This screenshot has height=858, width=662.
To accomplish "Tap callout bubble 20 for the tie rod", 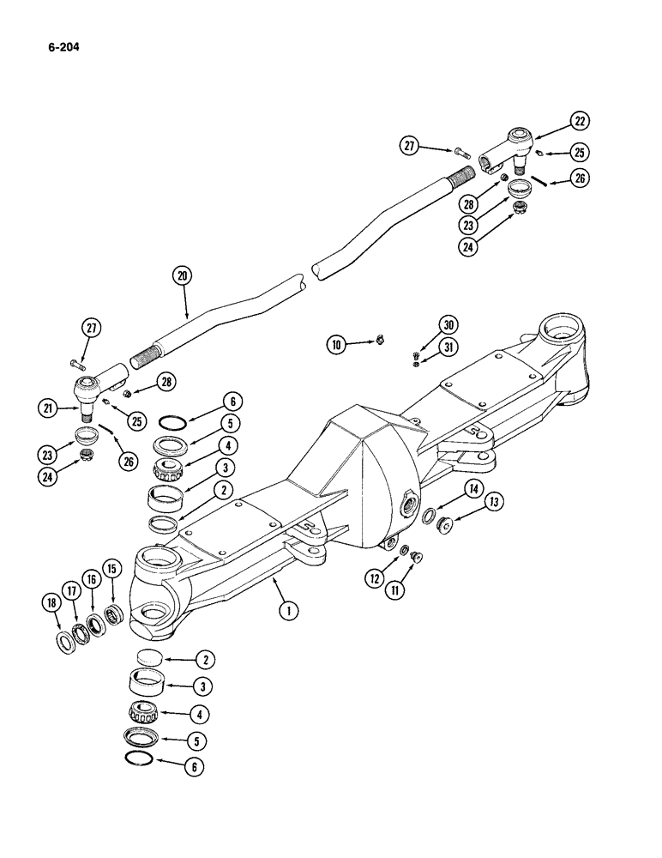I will coord(183,276).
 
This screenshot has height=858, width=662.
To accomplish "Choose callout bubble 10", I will coord(336,345).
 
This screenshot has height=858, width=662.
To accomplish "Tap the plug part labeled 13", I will coord(445,523).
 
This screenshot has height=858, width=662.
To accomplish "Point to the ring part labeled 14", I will coord(428,515).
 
